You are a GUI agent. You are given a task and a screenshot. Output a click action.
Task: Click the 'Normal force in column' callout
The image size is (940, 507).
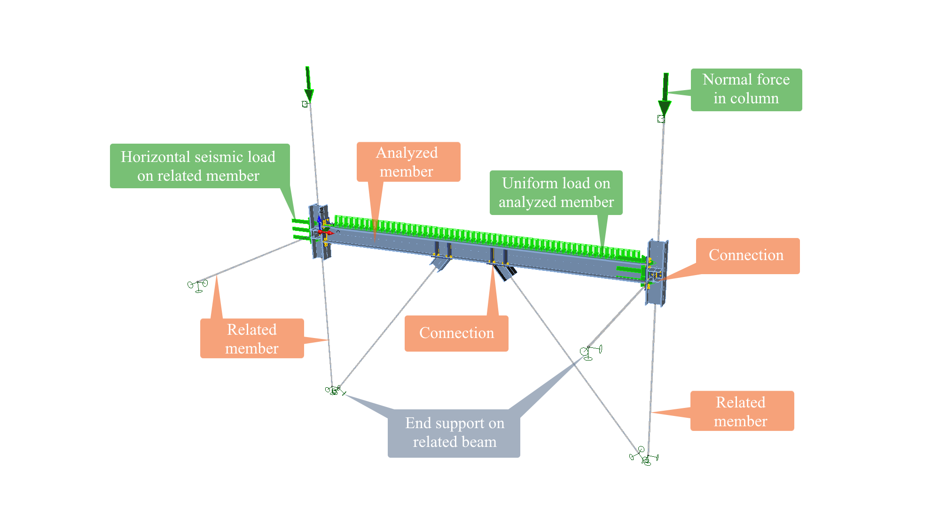click(746, 90)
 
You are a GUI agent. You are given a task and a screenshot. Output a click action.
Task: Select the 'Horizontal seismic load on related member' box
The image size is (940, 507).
click(199, 166)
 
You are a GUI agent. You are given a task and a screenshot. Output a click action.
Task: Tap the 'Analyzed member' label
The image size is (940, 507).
click(408, 162)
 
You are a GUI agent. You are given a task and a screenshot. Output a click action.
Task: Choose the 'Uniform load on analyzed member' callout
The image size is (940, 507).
click(556, 192)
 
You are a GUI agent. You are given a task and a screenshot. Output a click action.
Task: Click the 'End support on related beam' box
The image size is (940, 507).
click(454, 433)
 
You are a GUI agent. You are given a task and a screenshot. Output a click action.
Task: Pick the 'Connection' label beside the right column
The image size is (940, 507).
click(747, 255)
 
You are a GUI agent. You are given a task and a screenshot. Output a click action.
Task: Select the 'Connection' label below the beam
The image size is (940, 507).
click(456, 333)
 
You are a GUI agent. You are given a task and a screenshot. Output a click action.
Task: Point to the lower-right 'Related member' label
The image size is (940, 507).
click(742, 411)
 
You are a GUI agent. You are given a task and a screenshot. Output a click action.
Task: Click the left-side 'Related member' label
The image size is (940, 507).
click(252, 338)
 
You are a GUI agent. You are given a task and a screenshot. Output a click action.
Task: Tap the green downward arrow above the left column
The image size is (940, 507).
click(308, 84)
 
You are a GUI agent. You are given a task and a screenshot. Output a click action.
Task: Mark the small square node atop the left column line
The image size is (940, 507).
click(305, 104)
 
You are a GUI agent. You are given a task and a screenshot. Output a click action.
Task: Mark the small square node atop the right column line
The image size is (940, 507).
click(661, 119)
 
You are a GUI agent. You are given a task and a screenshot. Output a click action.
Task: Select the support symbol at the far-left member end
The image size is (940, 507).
click(198, 285)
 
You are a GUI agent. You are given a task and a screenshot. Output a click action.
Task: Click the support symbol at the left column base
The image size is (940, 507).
click(334, 390)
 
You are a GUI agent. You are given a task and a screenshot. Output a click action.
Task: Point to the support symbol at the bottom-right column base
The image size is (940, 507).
click(645, 457)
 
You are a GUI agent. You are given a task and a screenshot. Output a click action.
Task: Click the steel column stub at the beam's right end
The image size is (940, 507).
click(657, 273)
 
